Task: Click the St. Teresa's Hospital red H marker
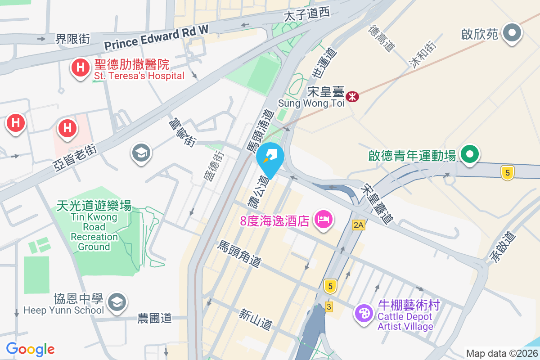point(80,68)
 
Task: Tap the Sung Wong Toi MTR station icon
point(352,96)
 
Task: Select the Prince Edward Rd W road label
point(157,37)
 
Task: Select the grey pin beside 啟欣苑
point(512,33)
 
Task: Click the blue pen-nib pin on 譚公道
point(270,158)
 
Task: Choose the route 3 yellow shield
point(329,306)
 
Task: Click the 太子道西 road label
point(307,15)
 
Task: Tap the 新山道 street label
point(256,318)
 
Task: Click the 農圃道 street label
point(155,319)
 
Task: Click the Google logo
point(30,349)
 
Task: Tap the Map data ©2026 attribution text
point(502,354)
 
